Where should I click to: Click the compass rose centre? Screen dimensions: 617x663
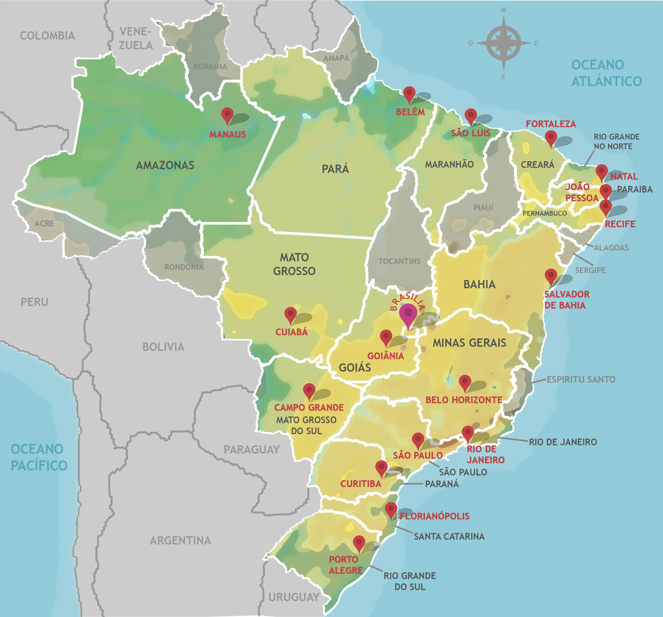pyautogui.click(x=504, y=43)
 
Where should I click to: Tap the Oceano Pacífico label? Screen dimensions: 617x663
pyautogui.click(x=39, y=457)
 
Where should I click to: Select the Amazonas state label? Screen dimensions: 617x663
pyautogui.click(x=165, y=165)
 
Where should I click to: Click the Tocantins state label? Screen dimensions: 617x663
pyautogui.click(x=399, y=261)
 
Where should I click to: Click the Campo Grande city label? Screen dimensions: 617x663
pyautogui.click(x=309, y=407)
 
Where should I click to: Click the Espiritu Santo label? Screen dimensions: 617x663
pyautogui.click(x=581, y=379)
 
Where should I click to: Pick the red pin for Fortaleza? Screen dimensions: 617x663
pyautogui.click(x=551, y=137)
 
